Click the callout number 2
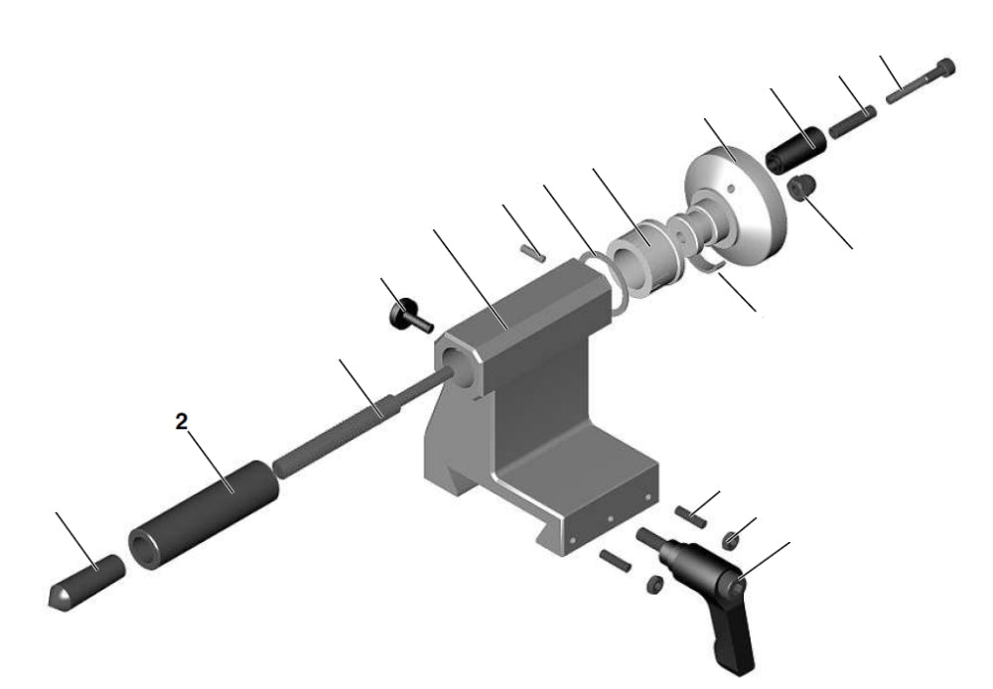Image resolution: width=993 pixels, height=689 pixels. (181, 421)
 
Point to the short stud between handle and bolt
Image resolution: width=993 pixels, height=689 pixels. (851, 123)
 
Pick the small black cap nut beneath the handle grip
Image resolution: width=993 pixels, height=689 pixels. (800, 186)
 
